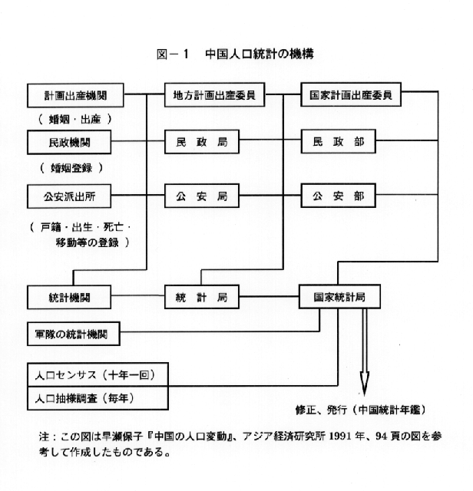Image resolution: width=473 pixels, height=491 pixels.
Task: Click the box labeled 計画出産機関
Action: [75, 97]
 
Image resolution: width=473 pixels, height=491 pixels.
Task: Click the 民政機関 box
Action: [75, 143]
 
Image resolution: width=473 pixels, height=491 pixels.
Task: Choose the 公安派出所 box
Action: [75, 195]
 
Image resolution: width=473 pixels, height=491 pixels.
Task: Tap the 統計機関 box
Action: [75, 296]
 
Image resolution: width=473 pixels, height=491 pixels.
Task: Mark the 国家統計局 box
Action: [339, 296]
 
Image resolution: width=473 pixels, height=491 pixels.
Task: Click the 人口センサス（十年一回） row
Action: [98, 375]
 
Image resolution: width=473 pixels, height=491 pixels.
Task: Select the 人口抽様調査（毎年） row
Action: [98, 398]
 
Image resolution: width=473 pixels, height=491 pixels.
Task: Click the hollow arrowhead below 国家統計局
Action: [365, 382]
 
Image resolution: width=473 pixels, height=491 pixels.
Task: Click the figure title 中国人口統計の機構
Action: [258, 54]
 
